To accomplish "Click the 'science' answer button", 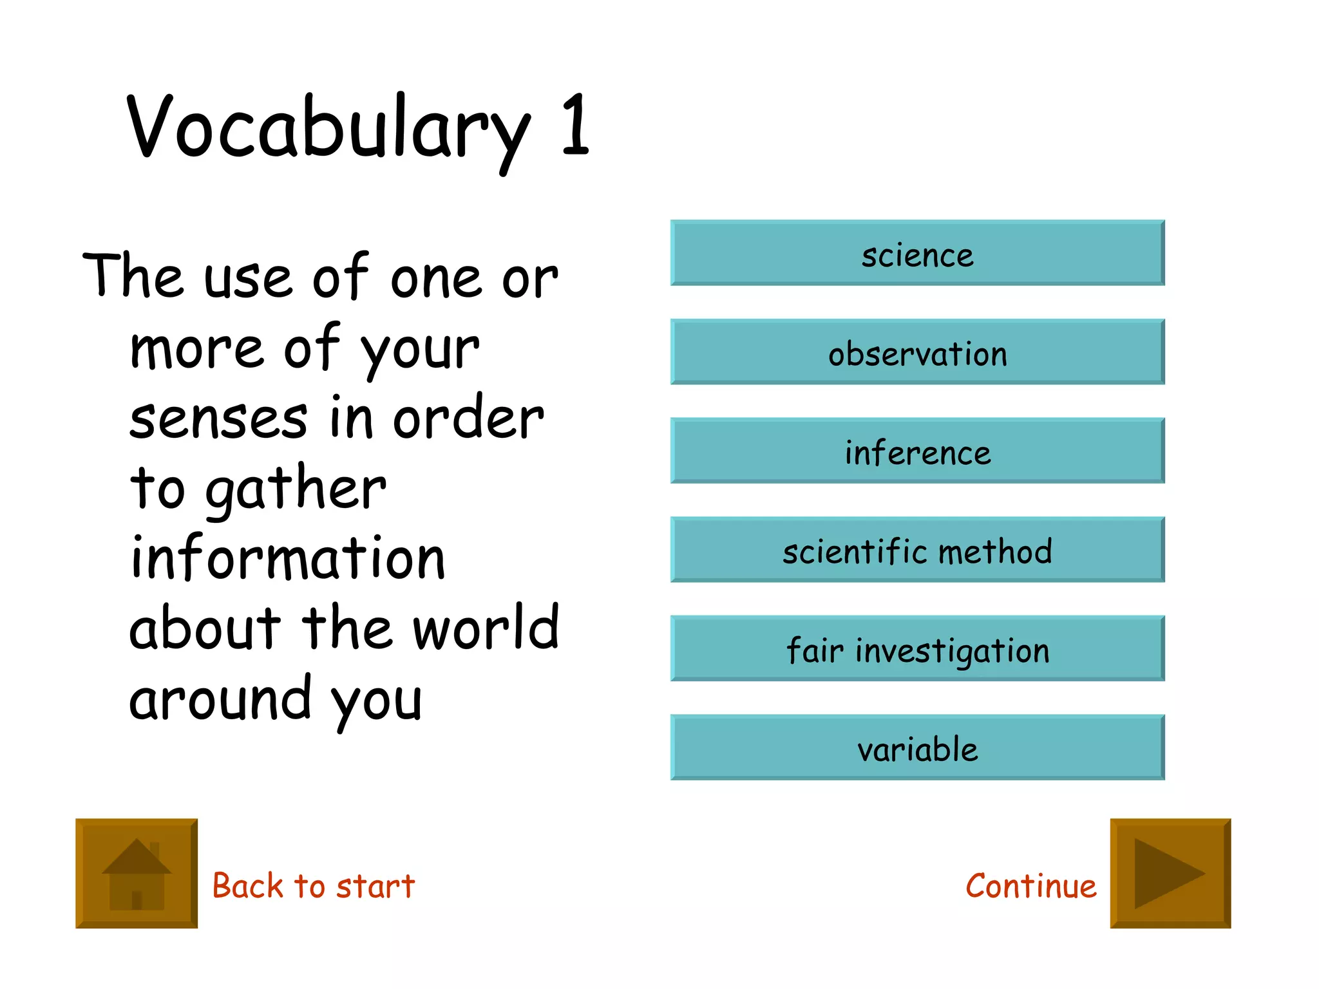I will (917, 253).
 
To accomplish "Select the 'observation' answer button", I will (917, 352).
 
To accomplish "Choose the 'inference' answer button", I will (917, 451).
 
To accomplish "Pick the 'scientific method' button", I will (917, 550).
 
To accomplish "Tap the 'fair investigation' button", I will (917, 648).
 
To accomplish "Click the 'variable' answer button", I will (917, 748).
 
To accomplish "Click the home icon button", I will (137, 873).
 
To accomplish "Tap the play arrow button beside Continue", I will (1170, 873).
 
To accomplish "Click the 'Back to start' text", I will (313, 885).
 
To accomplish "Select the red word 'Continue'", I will (1030, 885).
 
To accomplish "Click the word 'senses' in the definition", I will (218, 419).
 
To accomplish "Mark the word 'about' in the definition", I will (205, 628).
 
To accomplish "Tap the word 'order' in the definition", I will (468, 418).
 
